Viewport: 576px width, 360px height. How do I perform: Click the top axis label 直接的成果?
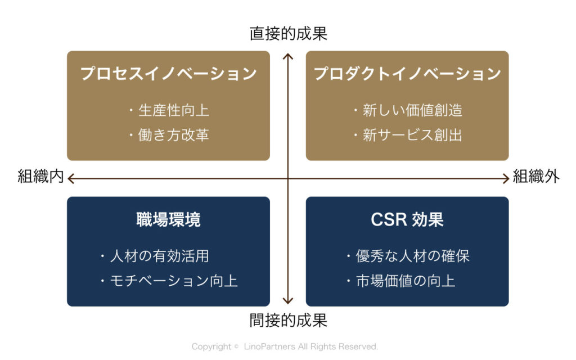289,33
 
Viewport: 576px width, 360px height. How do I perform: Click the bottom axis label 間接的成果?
289,320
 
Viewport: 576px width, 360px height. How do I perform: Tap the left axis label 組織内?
40,176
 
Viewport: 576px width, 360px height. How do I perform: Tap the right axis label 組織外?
536,176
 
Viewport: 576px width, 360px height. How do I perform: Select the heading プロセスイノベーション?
169,74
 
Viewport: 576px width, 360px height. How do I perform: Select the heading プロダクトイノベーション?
407,74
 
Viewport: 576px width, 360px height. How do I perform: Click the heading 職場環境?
169,220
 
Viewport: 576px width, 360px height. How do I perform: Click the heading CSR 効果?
407,220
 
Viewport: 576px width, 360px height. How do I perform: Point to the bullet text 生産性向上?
174,110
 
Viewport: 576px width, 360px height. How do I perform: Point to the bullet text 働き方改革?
174,135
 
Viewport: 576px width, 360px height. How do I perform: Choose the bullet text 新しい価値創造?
412,110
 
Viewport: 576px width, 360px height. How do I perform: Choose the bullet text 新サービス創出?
412,135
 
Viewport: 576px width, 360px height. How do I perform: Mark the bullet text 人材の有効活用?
159,256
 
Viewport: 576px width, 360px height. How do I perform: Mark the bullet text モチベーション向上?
174,281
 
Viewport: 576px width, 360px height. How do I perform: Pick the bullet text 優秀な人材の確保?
412,256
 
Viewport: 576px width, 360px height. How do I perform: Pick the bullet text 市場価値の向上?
406,281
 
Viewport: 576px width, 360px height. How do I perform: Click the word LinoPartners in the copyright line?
269,346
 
